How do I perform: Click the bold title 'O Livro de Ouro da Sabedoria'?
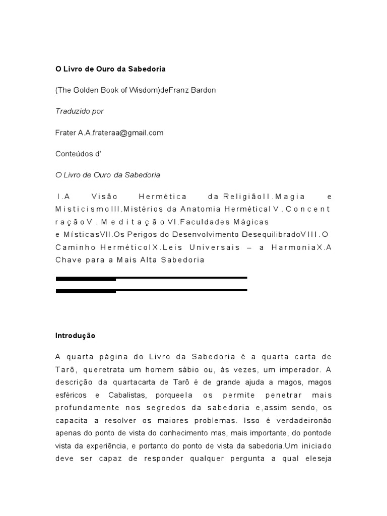coord(110,69)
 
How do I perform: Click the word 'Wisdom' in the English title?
coord(144,90)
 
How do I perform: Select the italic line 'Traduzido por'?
coord(79,111)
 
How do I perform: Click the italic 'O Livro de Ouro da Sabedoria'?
coord(107,175)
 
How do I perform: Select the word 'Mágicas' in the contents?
coord(254,222)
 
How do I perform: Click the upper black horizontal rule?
coord(151,278)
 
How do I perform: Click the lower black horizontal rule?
coord(151,290)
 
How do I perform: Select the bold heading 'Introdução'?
coord(75,335)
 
